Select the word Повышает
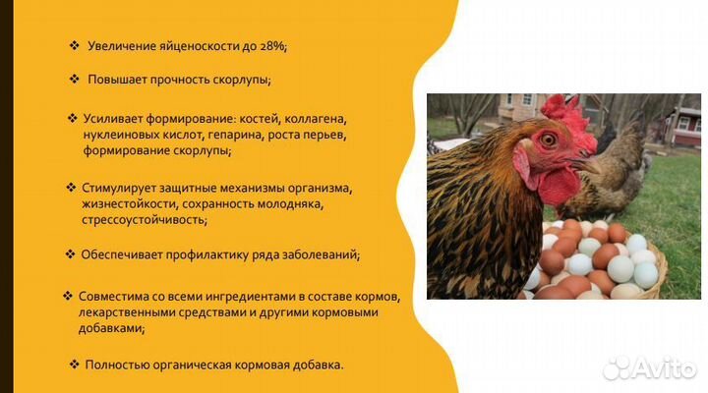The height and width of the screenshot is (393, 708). coord(119,80)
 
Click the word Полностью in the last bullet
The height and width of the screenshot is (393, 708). coord(115,365)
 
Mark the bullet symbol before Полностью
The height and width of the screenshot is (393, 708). coord(74,365)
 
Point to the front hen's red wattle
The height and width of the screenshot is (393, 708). coord(558,184)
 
